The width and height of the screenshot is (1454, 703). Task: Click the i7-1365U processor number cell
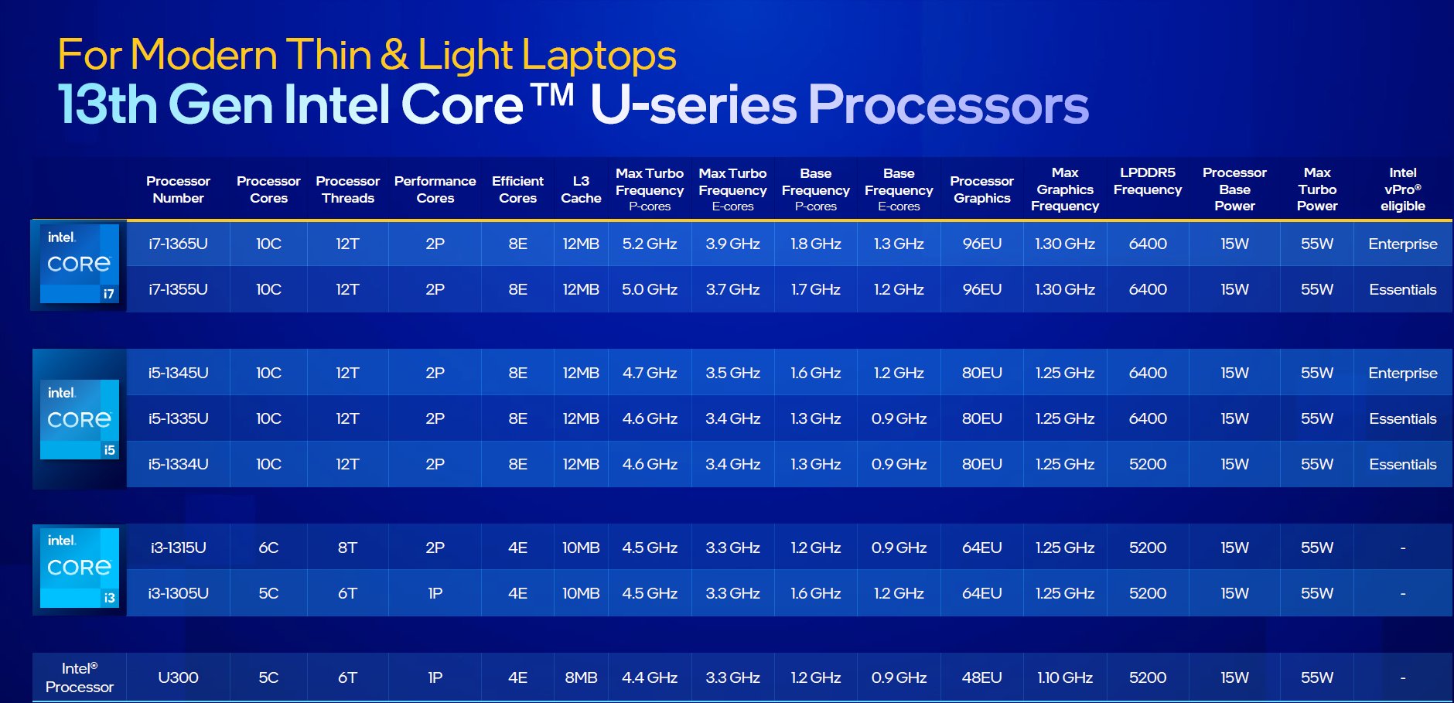(x=178, y=244)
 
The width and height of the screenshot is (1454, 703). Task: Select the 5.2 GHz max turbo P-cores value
(x=650, y=244)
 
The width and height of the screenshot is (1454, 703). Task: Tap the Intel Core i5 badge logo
(x=79, y=419)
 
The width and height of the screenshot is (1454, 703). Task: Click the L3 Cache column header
(x=581, y=189)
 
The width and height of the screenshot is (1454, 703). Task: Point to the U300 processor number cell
(x=178, y=677)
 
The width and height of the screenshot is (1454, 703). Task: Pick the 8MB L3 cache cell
(x=581, y=677)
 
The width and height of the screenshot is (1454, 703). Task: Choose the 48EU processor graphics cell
(x=981, y=677)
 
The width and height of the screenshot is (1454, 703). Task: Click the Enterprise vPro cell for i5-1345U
(x=1402, y=373)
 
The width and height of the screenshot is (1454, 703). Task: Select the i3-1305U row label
(x=178, y=593)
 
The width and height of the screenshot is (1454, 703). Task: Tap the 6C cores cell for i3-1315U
(x=268, y=548)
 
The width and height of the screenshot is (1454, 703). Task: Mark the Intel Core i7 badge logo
(x=79, y=264)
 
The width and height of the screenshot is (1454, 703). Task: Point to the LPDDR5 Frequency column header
(x=1148, y=181)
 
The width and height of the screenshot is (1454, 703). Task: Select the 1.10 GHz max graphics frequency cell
(x=1065, y=677)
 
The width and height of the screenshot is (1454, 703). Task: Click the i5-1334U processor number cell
(x=178, y=464)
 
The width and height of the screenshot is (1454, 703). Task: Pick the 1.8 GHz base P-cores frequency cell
(x=815, y=244)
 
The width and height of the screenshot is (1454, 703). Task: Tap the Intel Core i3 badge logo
(x=79, y=568)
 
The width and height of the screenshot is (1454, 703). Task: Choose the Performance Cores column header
(x=435, y=189)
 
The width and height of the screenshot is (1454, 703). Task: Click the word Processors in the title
(x=948, y=104)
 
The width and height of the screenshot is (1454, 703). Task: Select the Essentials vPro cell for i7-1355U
(x=1402, y=289)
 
